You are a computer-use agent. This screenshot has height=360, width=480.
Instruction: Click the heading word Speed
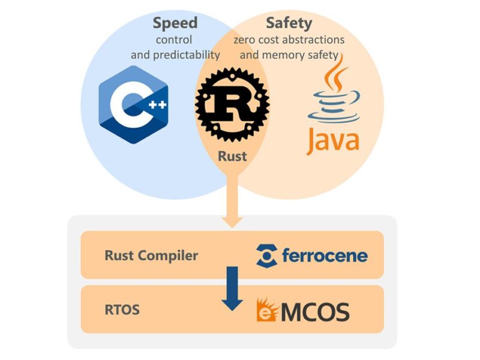click(175, 23)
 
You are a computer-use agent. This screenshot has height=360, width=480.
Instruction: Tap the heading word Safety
click(289, 23)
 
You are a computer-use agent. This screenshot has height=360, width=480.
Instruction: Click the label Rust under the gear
click(232, 157)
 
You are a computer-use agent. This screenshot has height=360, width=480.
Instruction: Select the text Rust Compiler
click(151, 255)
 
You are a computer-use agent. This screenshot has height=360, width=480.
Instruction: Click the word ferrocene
click(325, 256)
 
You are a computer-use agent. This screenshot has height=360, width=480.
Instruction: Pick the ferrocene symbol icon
click(266, 256)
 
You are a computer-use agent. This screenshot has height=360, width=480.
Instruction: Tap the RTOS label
click(123, 311)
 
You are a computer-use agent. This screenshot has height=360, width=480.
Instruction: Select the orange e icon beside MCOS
click(266, 310)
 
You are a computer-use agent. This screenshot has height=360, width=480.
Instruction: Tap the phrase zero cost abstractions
click(289, 40)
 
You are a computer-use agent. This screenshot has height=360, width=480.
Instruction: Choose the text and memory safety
click(289, 56)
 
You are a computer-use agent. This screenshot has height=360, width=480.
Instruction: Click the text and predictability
click(175, 56)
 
